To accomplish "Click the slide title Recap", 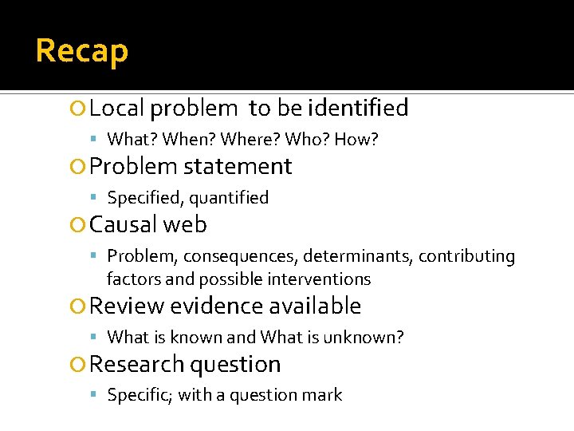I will click(x=81, y=51).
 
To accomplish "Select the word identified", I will click(x=358, y=108).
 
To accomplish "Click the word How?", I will click(x=356, y=140).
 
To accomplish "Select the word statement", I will click(x=238, y=167).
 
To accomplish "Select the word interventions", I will click(x=320, y=279).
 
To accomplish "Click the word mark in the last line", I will click(x=324, y=395).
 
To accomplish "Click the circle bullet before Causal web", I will click(x=77, y=226).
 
